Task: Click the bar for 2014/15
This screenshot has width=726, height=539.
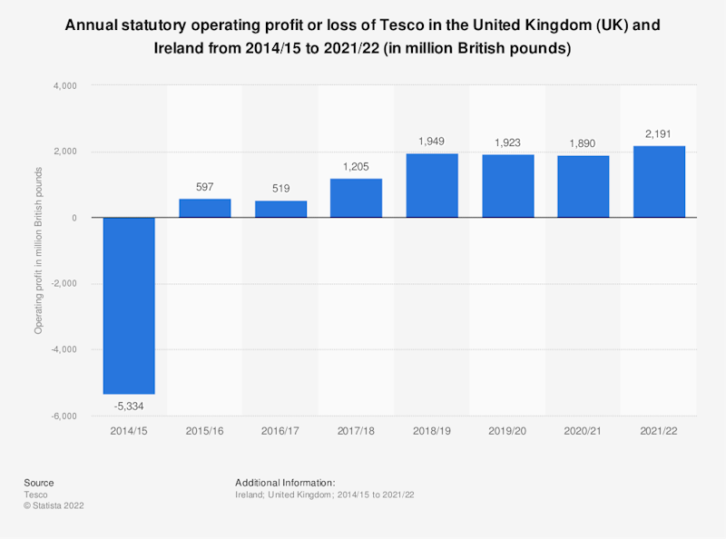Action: coord(129,305)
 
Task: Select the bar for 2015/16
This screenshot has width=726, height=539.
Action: coord(204,208)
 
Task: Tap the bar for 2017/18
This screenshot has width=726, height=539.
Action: coord(356,198)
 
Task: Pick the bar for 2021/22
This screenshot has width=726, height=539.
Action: coord(659,181)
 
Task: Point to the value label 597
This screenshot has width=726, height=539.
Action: coord(204,187)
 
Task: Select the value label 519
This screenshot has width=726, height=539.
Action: coord(280,190)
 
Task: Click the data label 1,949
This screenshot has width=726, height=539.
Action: coord(432,142)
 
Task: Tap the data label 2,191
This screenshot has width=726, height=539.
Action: coord(659,134)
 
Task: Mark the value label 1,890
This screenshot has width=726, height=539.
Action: coord(584,144)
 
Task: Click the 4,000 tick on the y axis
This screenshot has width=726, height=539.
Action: coord(65,86)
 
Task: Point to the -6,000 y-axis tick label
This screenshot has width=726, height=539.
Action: coord(64,416)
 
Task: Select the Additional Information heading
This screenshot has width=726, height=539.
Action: coord(285,483)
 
